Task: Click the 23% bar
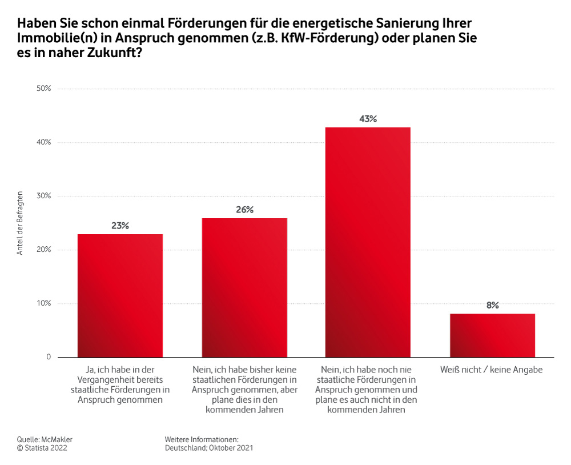[120, 295]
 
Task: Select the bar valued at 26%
[244, 287]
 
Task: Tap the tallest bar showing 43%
[368, 242]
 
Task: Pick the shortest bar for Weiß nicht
[492, 335]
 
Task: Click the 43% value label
[368, 119]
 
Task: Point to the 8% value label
[492, 305]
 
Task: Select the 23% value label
[120, 226]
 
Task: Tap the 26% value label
[244, 210]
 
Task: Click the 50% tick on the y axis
[43, 89]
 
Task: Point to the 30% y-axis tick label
[43, 196]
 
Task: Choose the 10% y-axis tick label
[43, 303]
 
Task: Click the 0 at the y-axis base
[48, 357]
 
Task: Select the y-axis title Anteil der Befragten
[20, 223]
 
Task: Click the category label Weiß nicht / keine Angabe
[491, 370]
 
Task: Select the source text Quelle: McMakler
[45, 439]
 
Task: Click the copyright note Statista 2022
[46, 448]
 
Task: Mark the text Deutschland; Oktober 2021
[208, 448]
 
